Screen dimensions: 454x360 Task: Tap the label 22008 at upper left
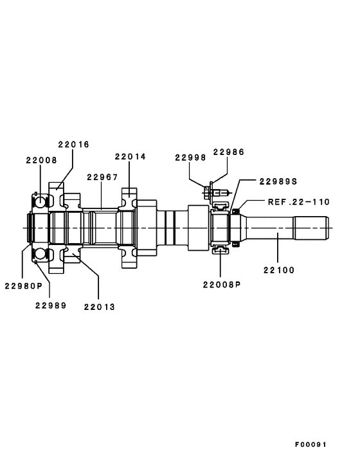pos(41,159)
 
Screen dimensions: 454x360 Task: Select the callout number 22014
pos(130,156)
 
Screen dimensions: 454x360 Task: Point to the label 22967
pos(102,177)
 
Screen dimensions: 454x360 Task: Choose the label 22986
pos(229,152)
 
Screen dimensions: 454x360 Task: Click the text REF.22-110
pos(298,201)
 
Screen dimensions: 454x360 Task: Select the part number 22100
pos(278,270)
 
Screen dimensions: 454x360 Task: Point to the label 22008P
pos(221,284)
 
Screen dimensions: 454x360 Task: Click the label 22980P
pos(23,286)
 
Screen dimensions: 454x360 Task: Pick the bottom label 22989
pos(50,306)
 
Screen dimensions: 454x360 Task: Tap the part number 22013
pos(99,307)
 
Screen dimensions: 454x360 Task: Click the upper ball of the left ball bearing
pos(40,202)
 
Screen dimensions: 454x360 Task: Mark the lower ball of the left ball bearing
pos(40,255)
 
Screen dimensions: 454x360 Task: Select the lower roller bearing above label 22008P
pos(221,249)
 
